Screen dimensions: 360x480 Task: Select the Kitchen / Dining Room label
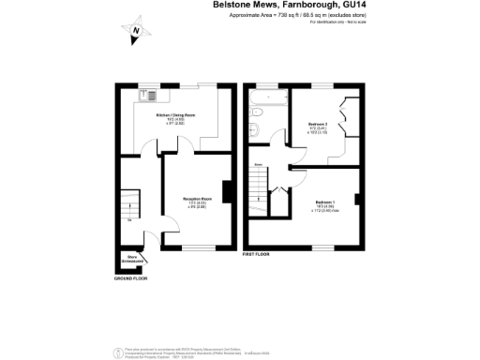tap(175, 114)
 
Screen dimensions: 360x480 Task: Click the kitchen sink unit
tap(150, 95)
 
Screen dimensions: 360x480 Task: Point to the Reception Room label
tap(197, 199)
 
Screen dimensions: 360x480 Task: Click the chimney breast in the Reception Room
tap(226, 190)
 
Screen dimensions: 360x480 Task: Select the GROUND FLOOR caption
tap(131, 279)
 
